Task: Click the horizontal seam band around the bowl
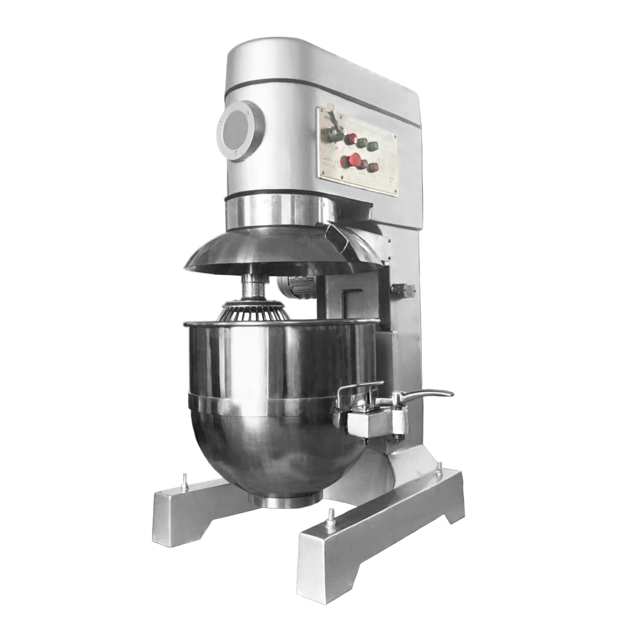tap(260, 398)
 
